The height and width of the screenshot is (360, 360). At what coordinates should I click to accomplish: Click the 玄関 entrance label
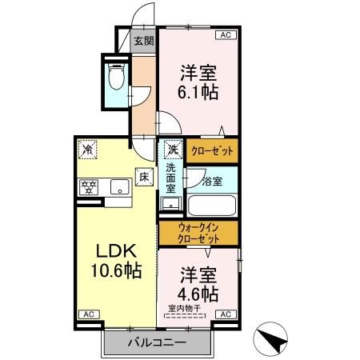pos(143,41)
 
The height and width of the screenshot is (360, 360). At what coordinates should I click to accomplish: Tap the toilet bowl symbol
pos(117,78)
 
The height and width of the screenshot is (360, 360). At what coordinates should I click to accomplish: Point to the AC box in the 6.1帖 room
pos(225,34)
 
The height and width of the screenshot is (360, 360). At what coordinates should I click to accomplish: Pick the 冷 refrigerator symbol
pos(87,149)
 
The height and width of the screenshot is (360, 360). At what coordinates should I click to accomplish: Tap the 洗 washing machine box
pos(173,149)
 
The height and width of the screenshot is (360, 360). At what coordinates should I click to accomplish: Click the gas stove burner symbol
pos(88,188)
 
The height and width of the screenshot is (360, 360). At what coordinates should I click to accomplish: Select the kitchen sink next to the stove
pos(118,188)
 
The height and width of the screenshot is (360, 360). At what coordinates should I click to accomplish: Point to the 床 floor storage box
pos(144,176)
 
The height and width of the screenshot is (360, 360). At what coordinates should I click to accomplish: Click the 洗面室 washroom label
pos(172,180)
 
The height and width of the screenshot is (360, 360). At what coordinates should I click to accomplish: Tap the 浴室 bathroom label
pos(213,182)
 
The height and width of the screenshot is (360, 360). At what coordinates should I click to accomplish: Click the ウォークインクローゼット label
pos(198,233)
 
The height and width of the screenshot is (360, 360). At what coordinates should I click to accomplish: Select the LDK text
pos(114,249)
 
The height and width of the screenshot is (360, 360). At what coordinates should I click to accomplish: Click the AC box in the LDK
pos(87,314)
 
